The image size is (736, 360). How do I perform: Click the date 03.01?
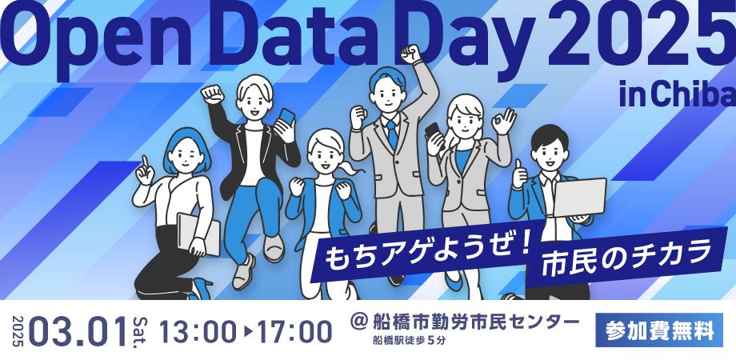(x=78, y=329)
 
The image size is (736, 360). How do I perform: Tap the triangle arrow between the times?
(x=246, y=329)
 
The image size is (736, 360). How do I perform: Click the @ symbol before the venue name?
(x=360, y=322)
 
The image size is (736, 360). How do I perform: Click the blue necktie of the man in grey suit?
(x=391, y=131)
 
